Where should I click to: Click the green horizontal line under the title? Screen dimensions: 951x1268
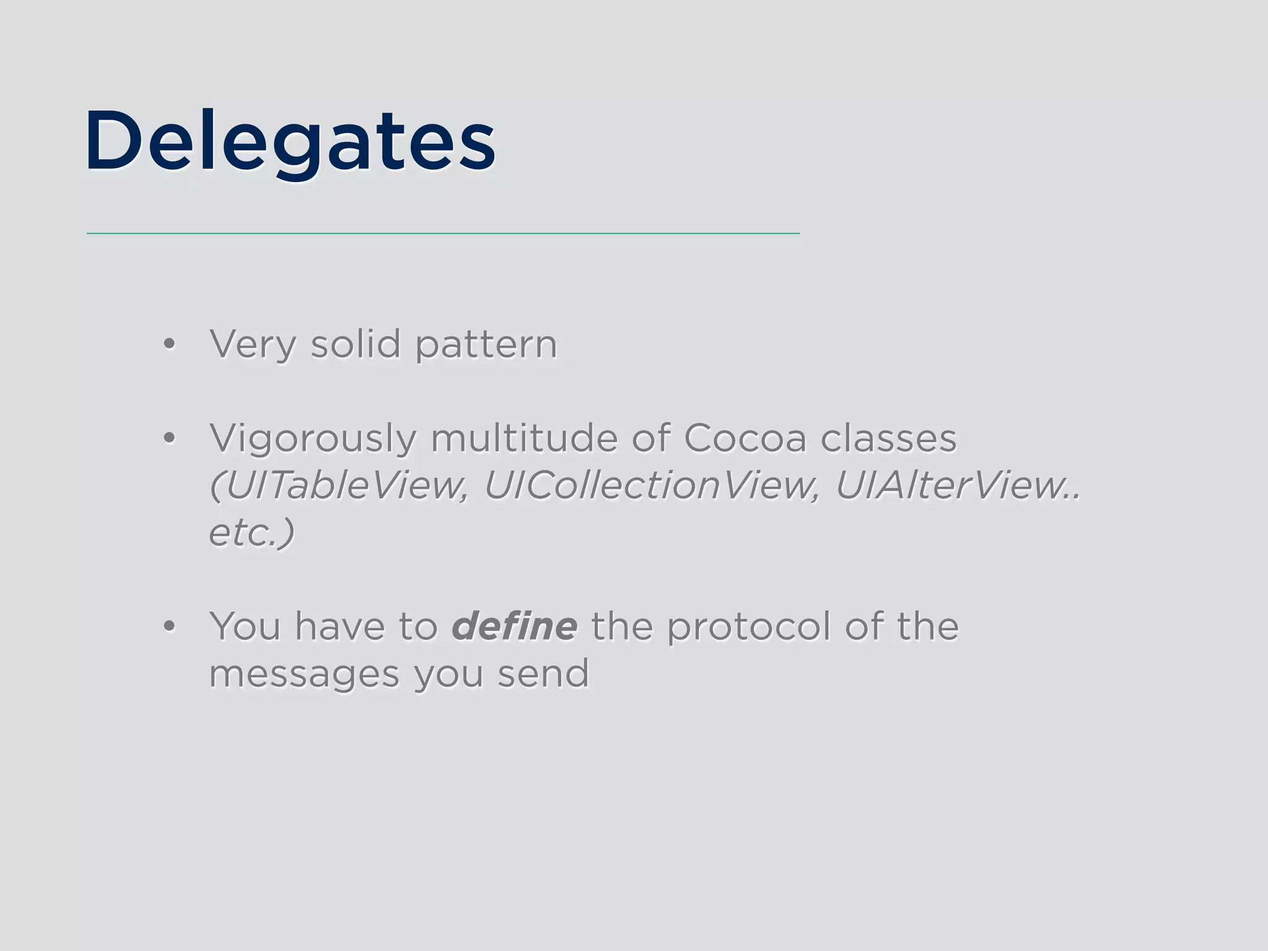(443, 233)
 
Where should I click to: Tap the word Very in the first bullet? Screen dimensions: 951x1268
(253, 344)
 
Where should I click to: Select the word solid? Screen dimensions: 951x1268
(355, 344)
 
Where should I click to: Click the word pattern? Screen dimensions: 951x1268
(486, 345)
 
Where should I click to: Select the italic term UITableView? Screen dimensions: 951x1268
(339, 485)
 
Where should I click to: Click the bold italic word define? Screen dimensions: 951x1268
(515, 626)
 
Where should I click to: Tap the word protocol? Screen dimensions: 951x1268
(749, 627)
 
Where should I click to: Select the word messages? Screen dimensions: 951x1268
(304, 675)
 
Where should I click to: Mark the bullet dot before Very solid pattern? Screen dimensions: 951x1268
(169, 344)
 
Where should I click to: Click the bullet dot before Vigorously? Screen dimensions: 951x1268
(169, 438)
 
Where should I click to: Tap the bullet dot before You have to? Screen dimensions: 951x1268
(169, 627)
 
